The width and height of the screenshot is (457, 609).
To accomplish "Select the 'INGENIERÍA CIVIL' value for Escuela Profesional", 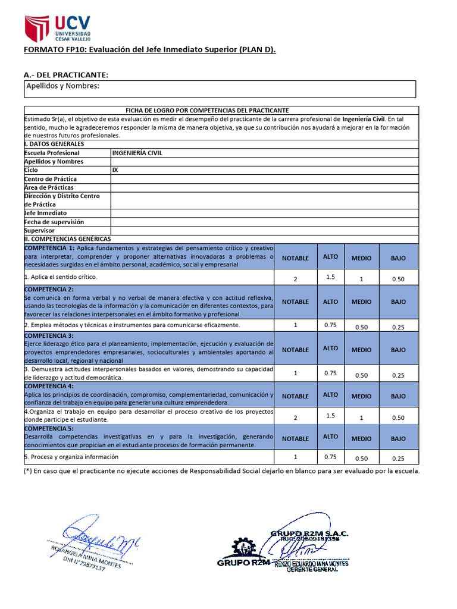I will pyautogui.click(x=137, y=153).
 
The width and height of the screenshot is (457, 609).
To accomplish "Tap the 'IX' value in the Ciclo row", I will pyautogui.click(x=115, y=170).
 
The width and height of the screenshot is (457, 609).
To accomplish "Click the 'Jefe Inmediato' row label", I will pyautogui.click(x=45, y=213).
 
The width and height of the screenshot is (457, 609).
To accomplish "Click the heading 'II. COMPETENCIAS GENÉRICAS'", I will pyautogui.click(x=67, y=238).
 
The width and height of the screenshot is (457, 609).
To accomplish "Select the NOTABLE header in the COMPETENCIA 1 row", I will pyautogui.click(x=295, y=258).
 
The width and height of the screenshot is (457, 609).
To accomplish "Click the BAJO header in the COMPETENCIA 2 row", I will pyautogui.click(x=398, y=302).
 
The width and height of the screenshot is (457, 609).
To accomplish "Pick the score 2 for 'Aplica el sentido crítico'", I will pyautogui.click(x=295, y=279).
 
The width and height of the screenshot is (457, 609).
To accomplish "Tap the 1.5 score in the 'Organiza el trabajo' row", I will pyautogui.click(x=330, y=415).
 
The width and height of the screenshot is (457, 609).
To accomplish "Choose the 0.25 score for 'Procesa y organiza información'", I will pyautogui.click(x=398, y=459).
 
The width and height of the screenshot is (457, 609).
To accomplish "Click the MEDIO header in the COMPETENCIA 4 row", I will pyautogui.click(x=361, y=396).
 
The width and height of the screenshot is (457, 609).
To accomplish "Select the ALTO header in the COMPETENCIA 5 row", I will pyautogui.click(x=330, y=437).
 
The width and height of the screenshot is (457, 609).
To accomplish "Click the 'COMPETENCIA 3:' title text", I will pyautogui.click(x=49, y=336).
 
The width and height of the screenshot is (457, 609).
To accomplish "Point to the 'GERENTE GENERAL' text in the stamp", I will pyautogui.click(x=312, y=570).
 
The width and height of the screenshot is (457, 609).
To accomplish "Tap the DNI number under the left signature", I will pyautogui.click(x=84, y=564).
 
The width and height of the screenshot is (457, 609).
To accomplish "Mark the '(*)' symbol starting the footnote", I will pyautogui.click(x=28, y=471).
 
